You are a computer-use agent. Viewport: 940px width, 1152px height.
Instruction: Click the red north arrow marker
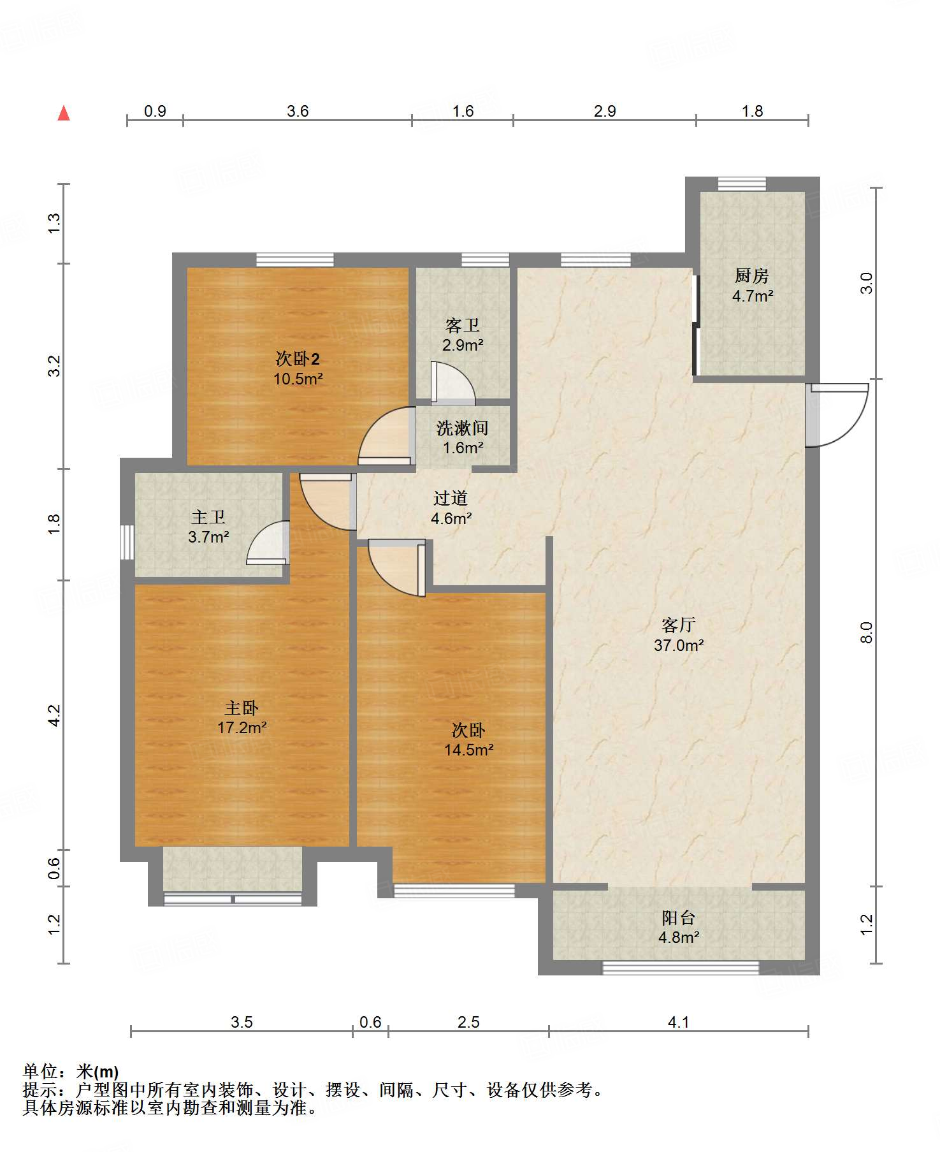point(64,113)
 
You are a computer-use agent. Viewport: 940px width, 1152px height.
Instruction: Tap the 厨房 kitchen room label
point(751,276)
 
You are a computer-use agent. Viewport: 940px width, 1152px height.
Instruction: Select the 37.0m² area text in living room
point(679,645)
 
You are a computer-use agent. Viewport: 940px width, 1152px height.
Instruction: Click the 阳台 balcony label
point(678,918)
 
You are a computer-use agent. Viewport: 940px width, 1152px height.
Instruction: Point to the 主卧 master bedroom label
point(242,708)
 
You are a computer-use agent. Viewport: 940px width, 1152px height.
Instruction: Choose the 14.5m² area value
point(468,750)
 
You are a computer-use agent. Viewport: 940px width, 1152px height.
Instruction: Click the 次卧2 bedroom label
point(298,358)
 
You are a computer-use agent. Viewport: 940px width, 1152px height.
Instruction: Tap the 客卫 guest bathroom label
point(463,326)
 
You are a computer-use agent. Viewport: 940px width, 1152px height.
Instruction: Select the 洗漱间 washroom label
point(462,428)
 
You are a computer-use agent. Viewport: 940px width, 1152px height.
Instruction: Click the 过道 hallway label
point(451,499)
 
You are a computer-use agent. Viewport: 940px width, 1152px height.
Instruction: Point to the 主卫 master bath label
point(208,517)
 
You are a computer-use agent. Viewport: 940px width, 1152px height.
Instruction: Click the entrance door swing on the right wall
point(838,414)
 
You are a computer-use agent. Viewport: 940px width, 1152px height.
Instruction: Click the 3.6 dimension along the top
point(298,112)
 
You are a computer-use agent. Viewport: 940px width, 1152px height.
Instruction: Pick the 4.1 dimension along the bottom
point(678,1023)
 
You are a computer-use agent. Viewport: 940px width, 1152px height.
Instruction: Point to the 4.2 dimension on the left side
point(55,715)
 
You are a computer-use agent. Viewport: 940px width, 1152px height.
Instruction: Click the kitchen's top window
point(742,184)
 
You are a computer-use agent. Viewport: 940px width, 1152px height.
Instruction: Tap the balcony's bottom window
point(681,968)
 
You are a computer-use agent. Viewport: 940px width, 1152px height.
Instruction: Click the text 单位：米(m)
point(70,1072)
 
